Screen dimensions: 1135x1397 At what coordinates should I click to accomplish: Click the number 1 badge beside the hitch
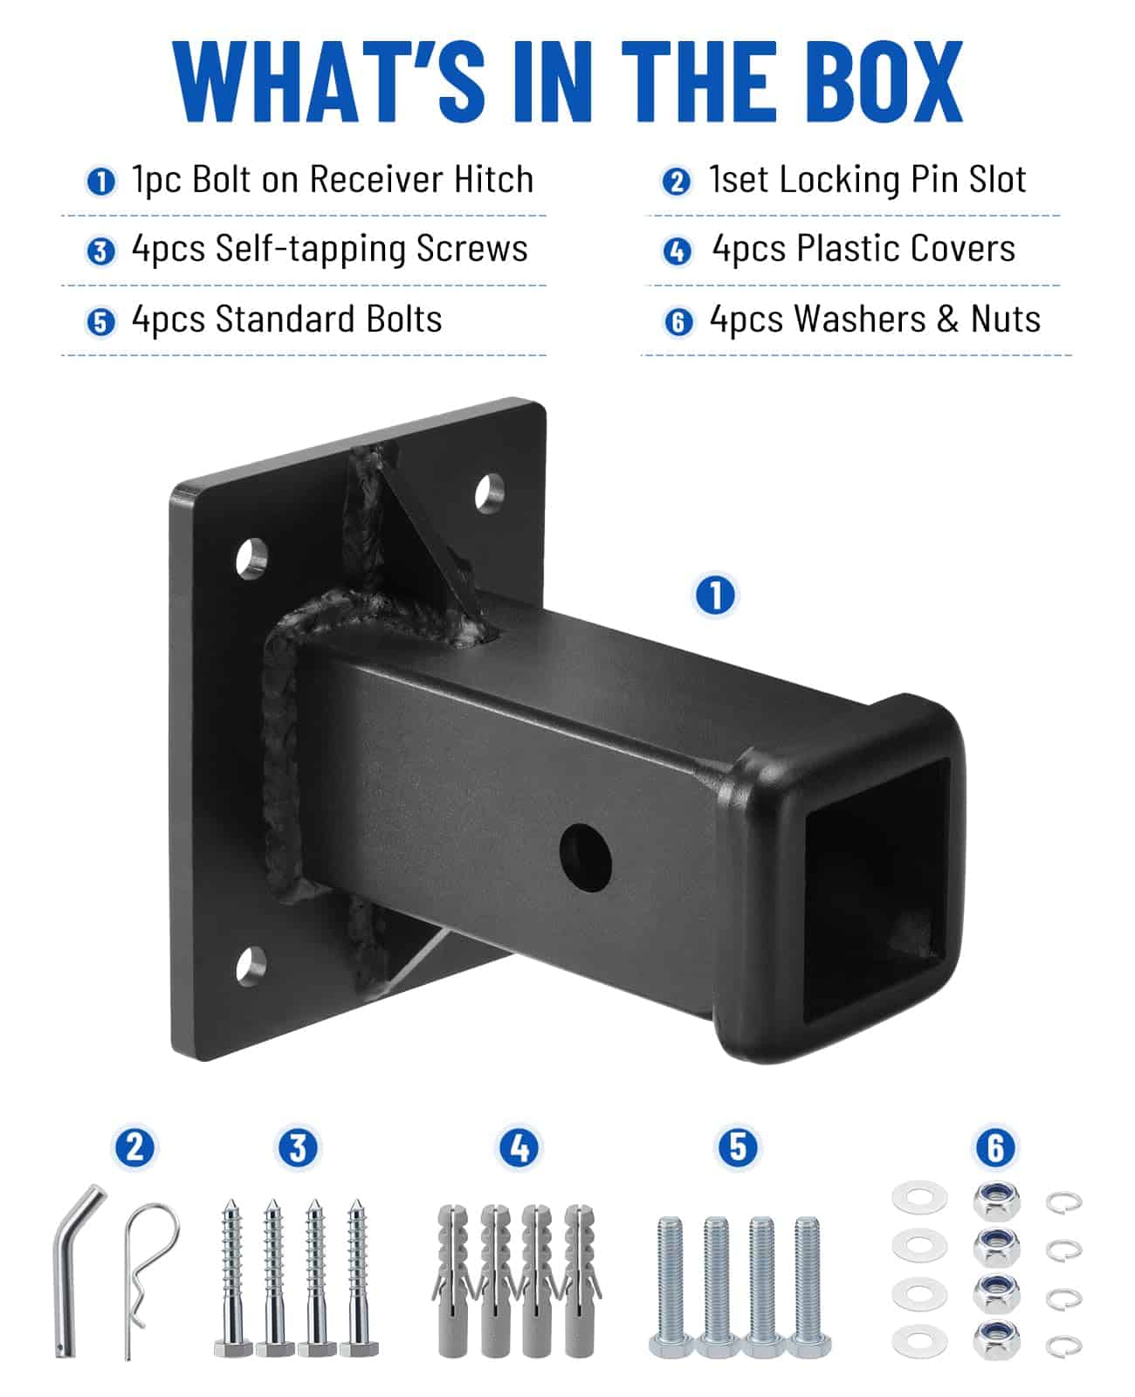715,595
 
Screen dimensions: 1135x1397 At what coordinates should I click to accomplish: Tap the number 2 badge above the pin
134,1148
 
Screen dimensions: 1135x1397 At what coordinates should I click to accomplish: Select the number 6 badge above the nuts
995,1148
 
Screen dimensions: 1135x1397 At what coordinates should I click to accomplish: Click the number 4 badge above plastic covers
519,1148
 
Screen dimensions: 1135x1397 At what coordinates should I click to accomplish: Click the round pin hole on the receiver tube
586,857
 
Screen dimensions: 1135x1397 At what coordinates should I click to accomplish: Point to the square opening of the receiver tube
876,890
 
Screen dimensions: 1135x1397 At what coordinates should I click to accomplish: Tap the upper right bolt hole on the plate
489,493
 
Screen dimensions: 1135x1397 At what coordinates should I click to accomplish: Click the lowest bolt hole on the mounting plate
251,966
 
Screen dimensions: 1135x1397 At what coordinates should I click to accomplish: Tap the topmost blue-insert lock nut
996,1201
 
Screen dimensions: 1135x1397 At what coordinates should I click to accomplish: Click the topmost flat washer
919,1197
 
